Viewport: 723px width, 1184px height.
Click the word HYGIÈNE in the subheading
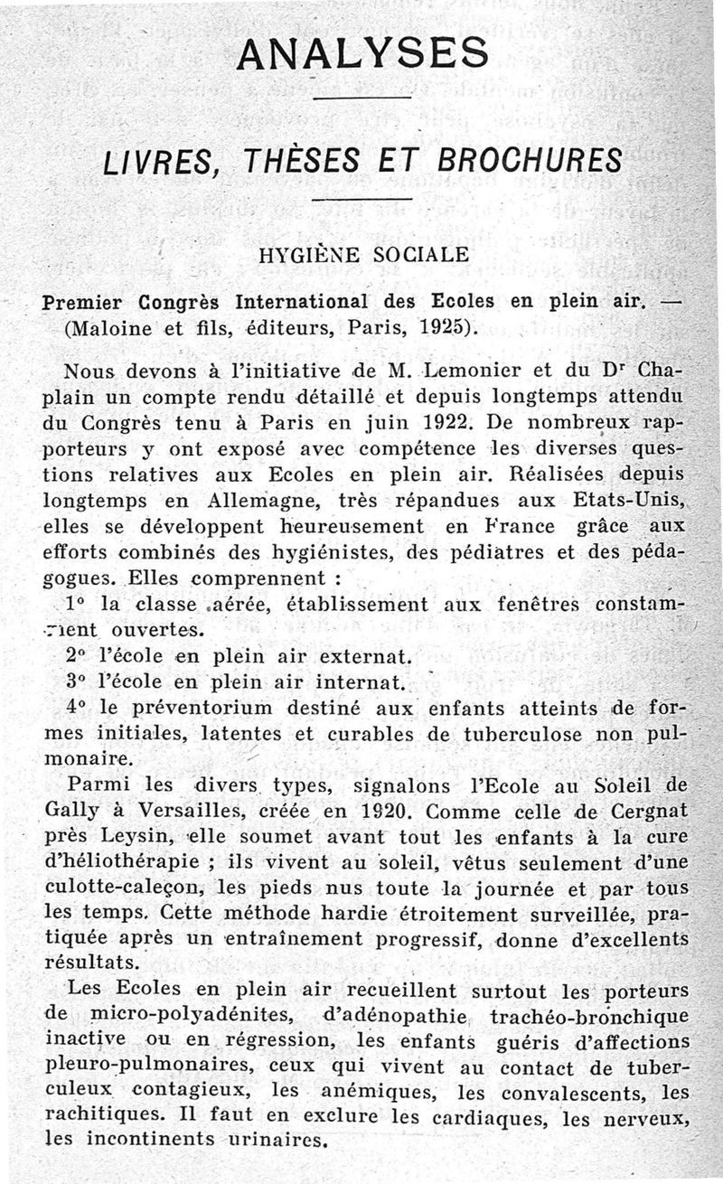click(308, 256)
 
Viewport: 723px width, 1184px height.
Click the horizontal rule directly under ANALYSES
click(361, 96)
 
